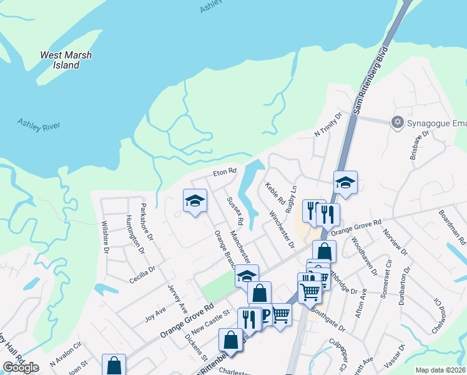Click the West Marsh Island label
pyautogui.click(x=66, y=60)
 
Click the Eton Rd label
pyautogui.click(x=225, y=171)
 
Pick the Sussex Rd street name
pyautogui.click(x=235, y=211)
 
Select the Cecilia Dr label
pyautogui.click(x=142, y=274)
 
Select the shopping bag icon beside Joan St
pyautogui.click(x=114, y=364)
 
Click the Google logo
pyautogui.click(x=21, y=367)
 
